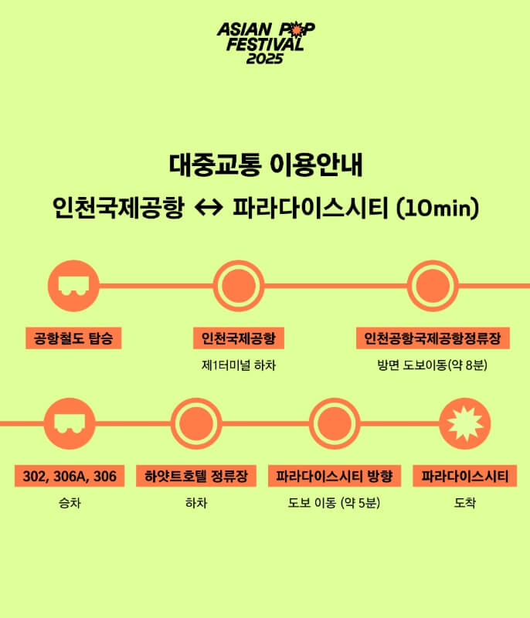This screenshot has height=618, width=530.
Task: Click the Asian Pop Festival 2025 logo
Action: pos(265,42)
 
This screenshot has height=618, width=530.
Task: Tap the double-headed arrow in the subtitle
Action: pos(209,208)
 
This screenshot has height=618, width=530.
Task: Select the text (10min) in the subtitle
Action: pos(437,208)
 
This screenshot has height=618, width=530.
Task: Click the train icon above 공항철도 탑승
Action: pos(73,286)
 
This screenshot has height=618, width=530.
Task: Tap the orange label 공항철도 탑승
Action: pos(73,338)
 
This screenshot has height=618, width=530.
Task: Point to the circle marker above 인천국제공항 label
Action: pos(238,286)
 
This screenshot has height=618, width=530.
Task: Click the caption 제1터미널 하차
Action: pos(238,365)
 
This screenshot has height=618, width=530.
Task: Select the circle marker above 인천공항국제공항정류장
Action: pos(433,286)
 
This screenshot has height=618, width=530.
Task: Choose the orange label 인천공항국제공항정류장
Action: pos(433,338)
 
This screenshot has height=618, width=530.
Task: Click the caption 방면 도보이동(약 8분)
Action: pos(433,365)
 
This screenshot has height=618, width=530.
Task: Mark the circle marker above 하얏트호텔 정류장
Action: pos(196,424)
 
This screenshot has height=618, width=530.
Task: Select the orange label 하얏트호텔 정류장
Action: pos(196,476)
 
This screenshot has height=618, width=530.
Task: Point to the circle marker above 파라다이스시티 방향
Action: pos(335,424)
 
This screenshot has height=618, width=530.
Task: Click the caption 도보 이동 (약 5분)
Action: pos(335,503)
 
